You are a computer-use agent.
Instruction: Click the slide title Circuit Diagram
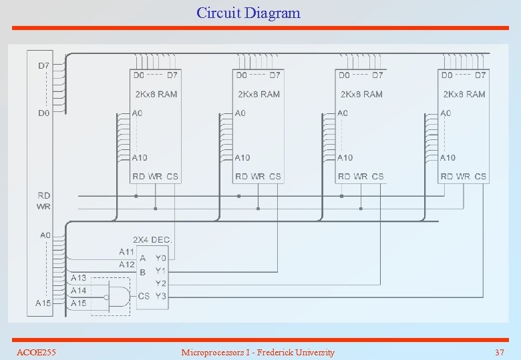[248, 13]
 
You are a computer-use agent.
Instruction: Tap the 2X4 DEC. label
[153, 239]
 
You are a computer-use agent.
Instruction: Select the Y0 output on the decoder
[161, 257]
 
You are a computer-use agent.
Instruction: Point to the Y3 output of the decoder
[161, 296]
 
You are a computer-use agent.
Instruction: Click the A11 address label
[126, 252]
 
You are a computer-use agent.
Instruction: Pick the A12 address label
[126, 265]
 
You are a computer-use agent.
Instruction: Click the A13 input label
[78, 278]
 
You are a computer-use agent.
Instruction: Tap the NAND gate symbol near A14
[118, 297]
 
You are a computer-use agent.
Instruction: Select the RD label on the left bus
[43, 196]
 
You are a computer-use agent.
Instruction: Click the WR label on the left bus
[43, 207]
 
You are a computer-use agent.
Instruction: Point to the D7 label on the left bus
[43, 65]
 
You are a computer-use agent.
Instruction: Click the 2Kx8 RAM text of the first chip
[156, 94]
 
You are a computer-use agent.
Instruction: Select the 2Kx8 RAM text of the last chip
[464, 94]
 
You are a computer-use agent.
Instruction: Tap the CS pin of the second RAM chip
[275, 177]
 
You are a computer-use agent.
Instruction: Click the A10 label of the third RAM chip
[345, 158]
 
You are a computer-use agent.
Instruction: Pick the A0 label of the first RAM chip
[137, 113]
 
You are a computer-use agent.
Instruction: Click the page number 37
[499, 352]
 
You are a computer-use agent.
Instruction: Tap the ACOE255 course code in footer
[36, 352]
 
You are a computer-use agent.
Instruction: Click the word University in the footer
[313, 352]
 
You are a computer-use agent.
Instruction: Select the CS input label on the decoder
[144, 296]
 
